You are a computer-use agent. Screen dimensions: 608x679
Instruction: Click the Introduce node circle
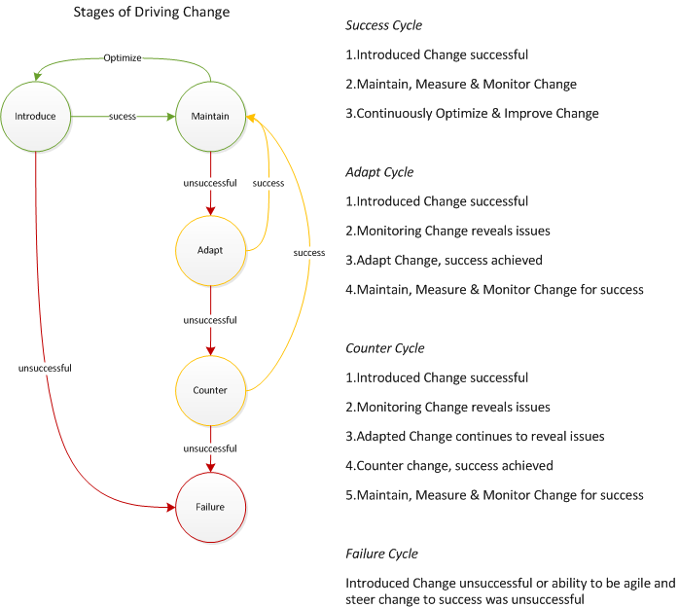click(x=35, y=117)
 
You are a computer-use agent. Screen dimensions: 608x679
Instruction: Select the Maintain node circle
click(x=210, y=117)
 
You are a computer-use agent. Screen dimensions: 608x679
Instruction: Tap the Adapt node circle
click(x=210, y=250)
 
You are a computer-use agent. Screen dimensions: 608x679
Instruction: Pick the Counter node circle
click(x=210, y=390)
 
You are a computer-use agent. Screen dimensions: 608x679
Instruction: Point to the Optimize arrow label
click(x=123, y=58)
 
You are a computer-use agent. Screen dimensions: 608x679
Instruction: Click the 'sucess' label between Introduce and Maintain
click(x=122, y=117)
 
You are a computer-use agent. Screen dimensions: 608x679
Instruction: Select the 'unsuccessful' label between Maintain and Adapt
click(x=210, y=183)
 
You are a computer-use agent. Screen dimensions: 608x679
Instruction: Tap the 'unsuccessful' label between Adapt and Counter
click(x=210, y=320)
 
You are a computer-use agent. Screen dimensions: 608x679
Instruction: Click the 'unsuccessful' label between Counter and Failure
click(x=210, y=448)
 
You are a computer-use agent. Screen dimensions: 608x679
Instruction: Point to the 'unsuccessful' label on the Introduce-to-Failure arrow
click(x=45, y=368)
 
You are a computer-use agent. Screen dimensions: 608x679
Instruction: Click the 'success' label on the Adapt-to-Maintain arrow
click(x=268, y=183)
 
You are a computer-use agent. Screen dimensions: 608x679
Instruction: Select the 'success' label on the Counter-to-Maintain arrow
click(x=309, y=253)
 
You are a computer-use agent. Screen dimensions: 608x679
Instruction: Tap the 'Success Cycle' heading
click(x=383, y=25)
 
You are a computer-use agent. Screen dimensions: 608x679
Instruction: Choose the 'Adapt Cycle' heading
click(x=379, y=172)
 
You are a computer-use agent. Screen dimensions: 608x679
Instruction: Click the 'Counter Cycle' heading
click(x=384, y=348)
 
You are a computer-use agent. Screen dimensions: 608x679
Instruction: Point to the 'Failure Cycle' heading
click(x=381, y=554)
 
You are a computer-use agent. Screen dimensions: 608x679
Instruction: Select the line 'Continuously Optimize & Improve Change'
click(x=473, y=113)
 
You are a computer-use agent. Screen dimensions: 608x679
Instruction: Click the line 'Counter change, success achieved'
click(x=449, y=465)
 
